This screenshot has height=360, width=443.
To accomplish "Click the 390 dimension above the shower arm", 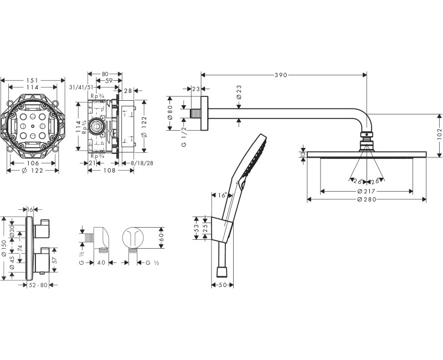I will [282, 75].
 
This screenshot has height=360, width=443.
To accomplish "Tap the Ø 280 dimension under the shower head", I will [366, 199].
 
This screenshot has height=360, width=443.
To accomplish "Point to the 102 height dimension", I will [439, 134].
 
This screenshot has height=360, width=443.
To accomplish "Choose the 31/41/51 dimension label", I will [80, 88].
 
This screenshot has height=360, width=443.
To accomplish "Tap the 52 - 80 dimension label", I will [39, 285].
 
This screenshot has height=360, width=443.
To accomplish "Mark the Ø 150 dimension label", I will [4, 248].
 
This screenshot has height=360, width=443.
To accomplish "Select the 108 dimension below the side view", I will [110, 171].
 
